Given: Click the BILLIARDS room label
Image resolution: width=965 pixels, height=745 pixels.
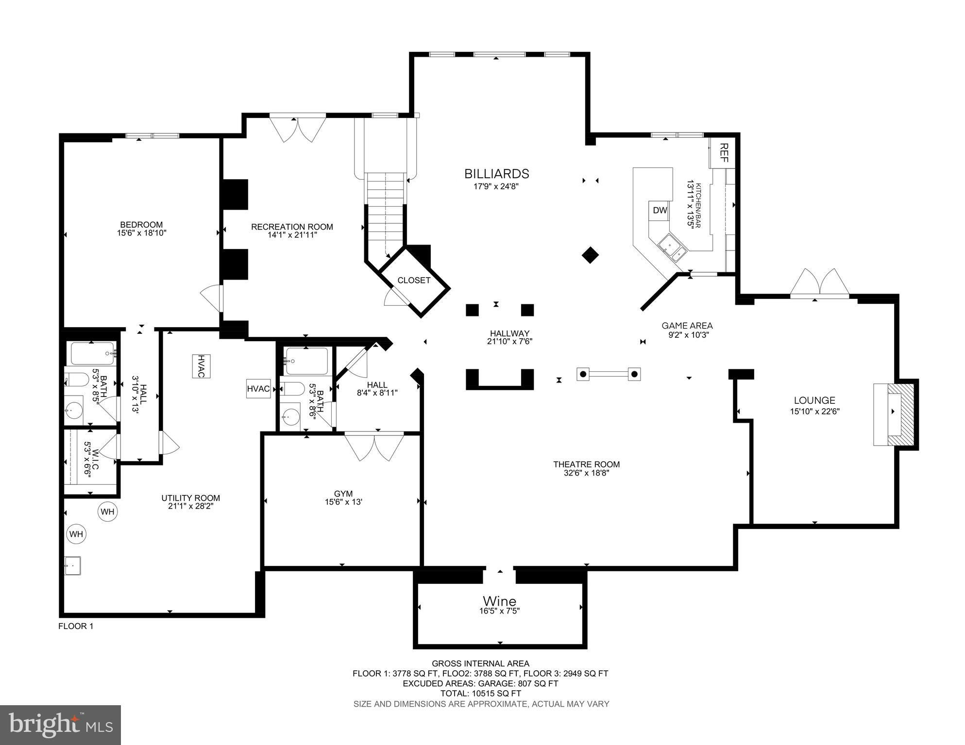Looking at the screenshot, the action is point(496,174).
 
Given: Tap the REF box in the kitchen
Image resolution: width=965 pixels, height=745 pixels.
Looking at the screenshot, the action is point(724,153).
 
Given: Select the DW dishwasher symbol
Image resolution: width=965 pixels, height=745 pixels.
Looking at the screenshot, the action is point(660,211).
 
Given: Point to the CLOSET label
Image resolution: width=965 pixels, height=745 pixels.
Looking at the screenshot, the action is point(414,281).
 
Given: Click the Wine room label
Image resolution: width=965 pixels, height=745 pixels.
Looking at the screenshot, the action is point(499,601).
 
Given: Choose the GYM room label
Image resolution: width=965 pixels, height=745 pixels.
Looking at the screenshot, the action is point(343,494).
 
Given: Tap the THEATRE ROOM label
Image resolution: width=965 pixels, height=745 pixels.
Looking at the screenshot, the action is point(587,464).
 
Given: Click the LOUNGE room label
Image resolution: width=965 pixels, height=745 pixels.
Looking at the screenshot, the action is point(814,400).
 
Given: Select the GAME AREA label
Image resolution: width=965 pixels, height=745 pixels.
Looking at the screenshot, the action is point(687,326).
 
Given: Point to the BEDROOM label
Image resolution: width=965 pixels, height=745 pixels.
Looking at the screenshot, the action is point(141,225).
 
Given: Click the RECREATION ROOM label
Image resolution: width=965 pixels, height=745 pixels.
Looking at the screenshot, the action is point(292,227).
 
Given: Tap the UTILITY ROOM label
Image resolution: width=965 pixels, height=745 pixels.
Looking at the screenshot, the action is point(190,498).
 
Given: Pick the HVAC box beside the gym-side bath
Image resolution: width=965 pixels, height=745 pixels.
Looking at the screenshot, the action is point(258,389).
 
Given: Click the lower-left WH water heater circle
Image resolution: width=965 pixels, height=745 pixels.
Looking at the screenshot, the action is point(76,534).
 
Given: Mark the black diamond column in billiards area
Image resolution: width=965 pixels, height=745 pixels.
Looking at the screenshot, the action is point(590,255).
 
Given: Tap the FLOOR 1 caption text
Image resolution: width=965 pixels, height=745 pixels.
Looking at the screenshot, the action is point(76,626).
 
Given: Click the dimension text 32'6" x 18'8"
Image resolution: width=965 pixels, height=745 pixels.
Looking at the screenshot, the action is point(586,473).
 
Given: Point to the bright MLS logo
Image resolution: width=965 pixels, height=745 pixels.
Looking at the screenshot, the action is point(60,725).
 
